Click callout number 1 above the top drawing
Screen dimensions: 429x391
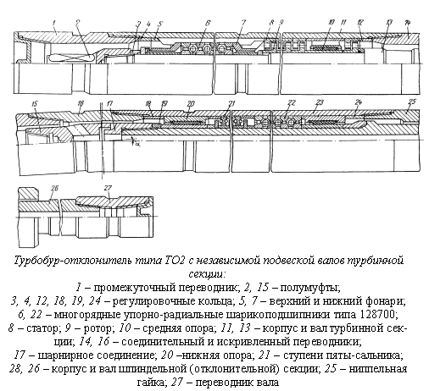53,24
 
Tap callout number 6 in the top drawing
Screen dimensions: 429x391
208,23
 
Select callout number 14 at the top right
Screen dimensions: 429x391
407,24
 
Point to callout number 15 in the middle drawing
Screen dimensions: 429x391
35,104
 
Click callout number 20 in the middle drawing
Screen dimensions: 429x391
191,103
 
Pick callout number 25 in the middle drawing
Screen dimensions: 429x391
412,102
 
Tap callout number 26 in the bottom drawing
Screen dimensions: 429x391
54,188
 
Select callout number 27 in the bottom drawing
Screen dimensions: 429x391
108,188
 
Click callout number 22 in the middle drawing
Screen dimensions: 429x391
291,103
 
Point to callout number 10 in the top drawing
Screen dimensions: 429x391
331,23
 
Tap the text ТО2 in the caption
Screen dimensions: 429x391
174,260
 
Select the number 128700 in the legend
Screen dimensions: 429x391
379,314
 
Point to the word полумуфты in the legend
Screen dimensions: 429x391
309,288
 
